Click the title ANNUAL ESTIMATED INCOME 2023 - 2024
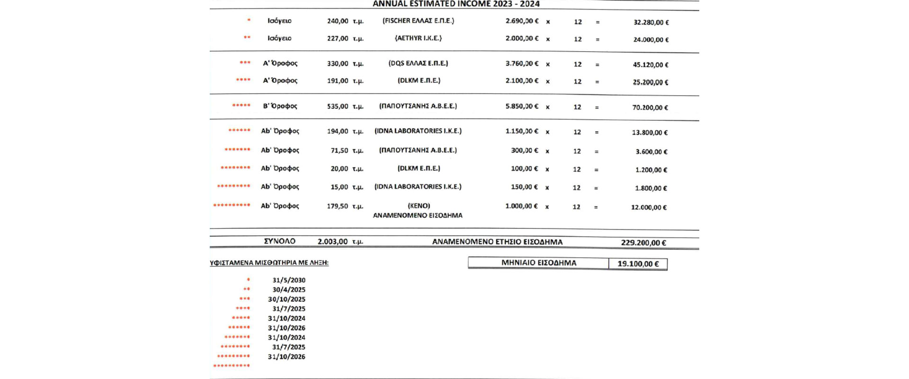456,4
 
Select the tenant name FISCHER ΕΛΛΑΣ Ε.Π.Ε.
418,21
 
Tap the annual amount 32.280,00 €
651,22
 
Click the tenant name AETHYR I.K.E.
418,38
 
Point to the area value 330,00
337,63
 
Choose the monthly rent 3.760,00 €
522,63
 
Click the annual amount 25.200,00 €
651,82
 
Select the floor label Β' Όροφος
280,106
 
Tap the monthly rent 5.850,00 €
522,106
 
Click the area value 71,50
339,151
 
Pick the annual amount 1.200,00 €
651,170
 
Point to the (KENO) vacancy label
419,206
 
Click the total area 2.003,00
332,242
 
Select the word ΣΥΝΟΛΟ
279,241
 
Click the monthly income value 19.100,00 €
638,264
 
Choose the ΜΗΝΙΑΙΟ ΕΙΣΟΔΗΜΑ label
539,263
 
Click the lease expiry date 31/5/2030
289,280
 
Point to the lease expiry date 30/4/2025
289,290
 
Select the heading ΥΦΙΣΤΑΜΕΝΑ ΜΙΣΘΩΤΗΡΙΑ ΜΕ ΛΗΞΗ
269,263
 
